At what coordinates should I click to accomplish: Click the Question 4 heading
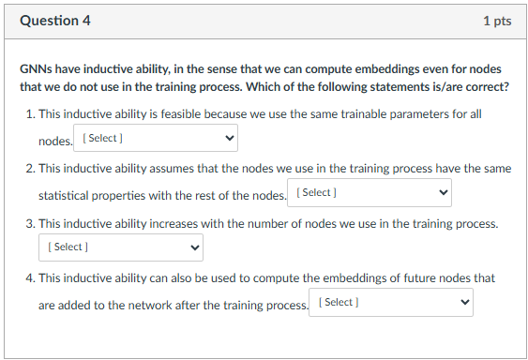coord(54,21)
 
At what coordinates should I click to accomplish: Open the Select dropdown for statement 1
coord(156,139)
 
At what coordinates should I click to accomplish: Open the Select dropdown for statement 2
coord(369,192)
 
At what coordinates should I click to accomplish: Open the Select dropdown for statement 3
coord(120,247)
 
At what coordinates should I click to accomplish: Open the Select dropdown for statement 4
coord(391,302)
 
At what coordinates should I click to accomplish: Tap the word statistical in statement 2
coord(66,195)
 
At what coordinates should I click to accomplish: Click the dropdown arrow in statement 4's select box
coord(464,302)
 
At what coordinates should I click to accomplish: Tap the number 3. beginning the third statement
coord(31,224)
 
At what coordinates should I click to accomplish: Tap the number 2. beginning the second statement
coord(31,169)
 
